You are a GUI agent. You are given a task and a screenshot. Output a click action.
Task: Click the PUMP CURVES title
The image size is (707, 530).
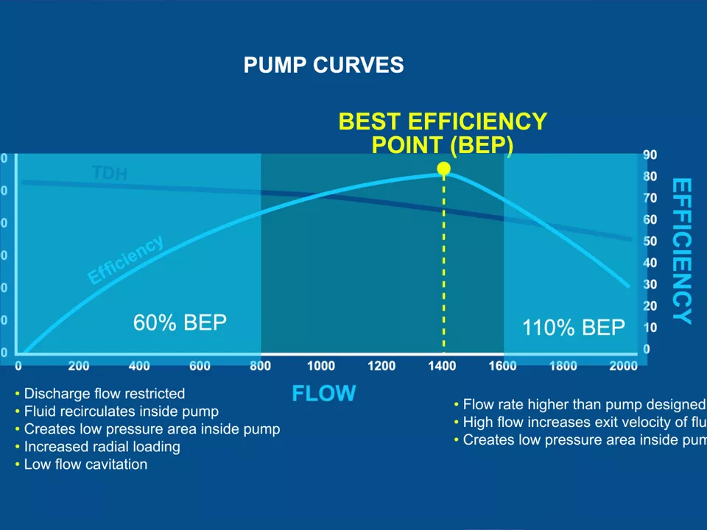tap(323, 65)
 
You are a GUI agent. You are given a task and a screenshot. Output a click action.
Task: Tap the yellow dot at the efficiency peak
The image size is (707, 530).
tap(443, 169)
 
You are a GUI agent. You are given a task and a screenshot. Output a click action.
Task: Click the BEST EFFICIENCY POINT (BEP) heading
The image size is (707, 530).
tap(443, 132)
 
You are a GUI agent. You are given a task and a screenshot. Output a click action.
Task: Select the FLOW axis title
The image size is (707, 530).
tap(323, 394)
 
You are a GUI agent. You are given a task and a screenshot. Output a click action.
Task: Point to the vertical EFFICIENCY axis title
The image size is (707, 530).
tap(682, 251)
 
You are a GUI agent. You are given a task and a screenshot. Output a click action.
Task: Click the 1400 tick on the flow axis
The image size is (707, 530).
tap(442, 366)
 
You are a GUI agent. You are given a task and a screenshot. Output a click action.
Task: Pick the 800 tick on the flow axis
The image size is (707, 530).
tap(260, 366)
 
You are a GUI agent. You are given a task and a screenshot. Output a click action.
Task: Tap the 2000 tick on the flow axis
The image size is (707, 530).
tap(623, 366)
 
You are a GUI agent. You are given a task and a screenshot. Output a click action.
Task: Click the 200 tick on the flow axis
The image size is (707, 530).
tap(79, 366)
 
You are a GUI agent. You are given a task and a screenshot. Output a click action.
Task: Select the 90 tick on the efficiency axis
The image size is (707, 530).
tap(650, 155)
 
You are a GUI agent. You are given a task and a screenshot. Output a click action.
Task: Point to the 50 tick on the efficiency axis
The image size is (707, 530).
tap(650, 241)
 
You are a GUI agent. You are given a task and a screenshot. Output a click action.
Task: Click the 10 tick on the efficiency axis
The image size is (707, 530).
tap(650, 327)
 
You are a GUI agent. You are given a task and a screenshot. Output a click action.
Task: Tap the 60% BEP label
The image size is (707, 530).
tap(180, 322)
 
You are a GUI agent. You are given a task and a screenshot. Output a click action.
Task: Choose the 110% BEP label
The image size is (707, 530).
tap(574, 328)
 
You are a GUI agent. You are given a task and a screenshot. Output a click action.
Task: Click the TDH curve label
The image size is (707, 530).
tap(110, 173)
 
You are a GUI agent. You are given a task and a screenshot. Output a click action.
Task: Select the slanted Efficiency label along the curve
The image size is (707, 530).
tap(125, 260)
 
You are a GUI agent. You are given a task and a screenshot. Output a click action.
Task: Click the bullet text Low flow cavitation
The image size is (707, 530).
tap(85, 464)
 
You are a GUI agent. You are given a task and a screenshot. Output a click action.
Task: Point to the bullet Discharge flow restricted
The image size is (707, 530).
tap(104, 394)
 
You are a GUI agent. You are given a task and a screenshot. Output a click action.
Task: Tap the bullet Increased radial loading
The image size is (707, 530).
tap(102, 447)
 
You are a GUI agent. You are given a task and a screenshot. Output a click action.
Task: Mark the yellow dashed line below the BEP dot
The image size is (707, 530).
tap(443, 265)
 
